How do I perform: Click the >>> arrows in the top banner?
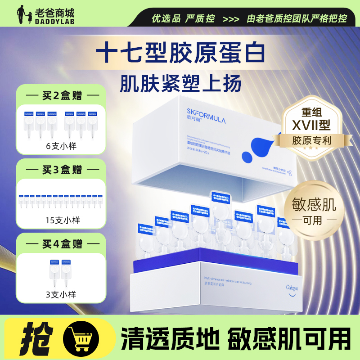[x=230, y=19]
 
